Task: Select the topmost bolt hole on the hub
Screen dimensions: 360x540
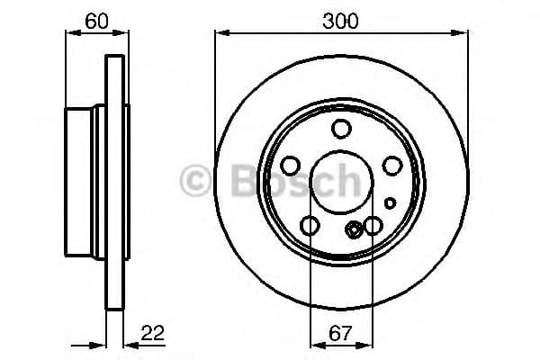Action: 340,129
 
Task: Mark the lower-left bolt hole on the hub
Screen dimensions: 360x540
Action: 310,226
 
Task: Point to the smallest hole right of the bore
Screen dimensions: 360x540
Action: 389,202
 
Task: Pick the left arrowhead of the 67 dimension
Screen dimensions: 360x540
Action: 313,343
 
